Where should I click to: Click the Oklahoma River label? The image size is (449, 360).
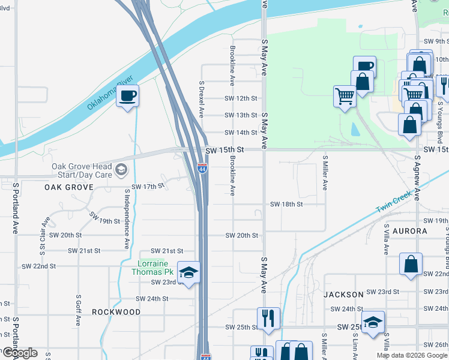coord(109,93)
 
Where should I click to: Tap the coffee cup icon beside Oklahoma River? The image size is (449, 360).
coord(128,96)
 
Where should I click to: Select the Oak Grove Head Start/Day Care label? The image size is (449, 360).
coord(82,170)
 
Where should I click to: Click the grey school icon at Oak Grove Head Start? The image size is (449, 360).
coord(122,170)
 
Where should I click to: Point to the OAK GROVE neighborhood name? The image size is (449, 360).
coord(69,187)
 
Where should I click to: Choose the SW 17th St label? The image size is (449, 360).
coord(148,187)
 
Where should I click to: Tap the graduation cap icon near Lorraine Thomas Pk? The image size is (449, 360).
coord(189,274)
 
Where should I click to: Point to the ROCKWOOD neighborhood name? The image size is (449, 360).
coord(116,312)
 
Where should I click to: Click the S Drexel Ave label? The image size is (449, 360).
coord(202,100)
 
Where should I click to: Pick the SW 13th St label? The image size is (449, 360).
coord(241,115)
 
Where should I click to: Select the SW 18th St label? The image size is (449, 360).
coord(286,204)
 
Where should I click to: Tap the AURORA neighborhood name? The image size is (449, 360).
coord(410,231)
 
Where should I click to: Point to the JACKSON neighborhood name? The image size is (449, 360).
coord(343,295)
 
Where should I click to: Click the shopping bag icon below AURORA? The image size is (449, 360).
coord(411,264)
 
